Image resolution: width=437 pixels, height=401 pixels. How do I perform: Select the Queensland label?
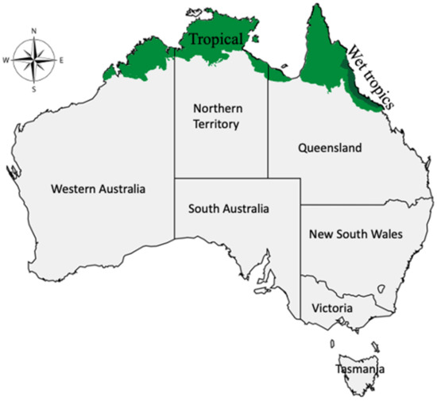[x=329, y=148]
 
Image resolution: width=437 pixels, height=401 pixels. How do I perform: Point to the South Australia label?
[x=229, y=210]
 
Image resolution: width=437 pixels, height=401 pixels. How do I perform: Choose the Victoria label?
[x=333, y=307]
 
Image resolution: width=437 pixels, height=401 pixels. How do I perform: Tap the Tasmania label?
[x=361, y=369]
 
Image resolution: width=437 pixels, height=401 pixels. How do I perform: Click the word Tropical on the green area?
[x=218, y=40]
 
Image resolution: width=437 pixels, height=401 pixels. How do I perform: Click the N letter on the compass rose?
[x=34, y=32]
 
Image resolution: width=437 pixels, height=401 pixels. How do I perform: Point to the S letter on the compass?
[x=34, y=90]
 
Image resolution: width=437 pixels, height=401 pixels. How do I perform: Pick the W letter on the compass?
[x=6, y=60]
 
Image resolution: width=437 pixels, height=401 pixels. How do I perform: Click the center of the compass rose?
[x=34, y=60]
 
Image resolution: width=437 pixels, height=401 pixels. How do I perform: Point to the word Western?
[x=74, y=189]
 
